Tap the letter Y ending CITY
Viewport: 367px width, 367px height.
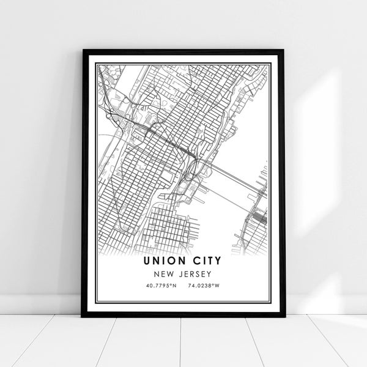(x=219, y=261)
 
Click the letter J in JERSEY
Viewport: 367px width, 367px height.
(x=182, y=274)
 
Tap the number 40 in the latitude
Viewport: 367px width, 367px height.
(x=149, y=286)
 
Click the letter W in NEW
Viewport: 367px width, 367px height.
(x=173, y=274)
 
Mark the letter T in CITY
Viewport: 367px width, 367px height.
(x=210, y=261)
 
